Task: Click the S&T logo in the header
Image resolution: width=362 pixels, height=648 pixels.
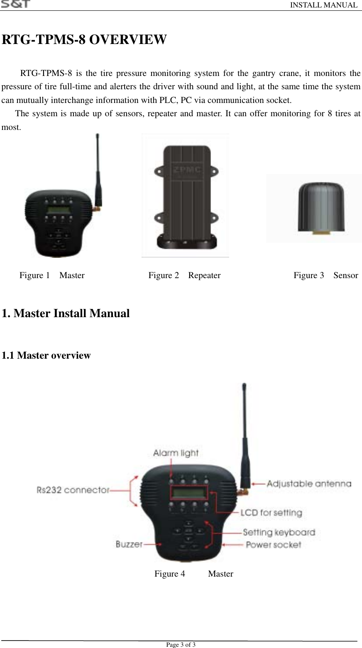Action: (x=15, y=4)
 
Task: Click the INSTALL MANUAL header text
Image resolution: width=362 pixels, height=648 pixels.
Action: (x=323, y=5)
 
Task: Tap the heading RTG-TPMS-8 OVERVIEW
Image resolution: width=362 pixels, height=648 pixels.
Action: (x=84, y=40)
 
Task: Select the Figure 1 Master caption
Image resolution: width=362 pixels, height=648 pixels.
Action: (x=52, y=275)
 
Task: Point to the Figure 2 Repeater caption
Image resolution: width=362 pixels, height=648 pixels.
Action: (x=184, y=275)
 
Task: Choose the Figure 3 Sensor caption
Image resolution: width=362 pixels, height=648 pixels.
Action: (x=325, y=275)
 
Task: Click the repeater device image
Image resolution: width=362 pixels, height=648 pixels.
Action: (x=185, y=195)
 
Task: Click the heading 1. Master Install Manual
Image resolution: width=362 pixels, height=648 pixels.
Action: (x=66, y=313)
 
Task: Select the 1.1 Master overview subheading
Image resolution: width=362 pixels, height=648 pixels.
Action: (x=46, y=355)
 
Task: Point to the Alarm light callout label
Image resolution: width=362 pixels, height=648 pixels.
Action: (x=176, y=453)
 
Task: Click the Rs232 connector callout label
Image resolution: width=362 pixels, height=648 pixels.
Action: (x=73, y=490)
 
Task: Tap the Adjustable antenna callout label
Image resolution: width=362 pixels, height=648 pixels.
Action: (x=309, y=484)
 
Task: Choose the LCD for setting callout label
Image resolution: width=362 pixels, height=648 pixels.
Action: (x=271, y=513)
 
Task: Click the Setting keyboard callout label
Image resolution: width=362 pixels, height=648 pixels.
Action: (x=279, y=532)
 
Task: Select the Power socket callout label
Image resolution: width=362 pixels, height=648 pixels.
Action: (x=273, y=544)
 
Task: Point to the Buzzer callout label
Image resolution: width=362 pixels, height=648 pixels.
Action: (x=129, y=544)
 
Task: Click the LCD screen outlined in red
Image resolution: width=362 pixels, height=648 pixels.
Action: (x=188, y=493)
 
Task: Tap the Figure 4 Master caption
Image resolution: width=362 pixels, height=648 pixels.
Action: (x=193, y=574)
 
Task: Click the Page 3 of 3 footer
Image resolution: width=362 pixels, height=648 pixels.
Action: (x=181, y=645)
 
